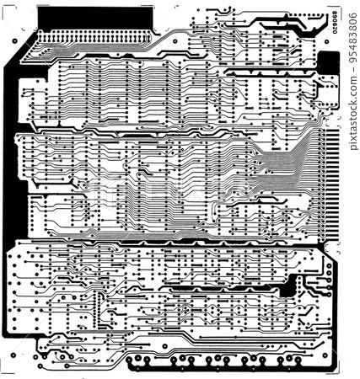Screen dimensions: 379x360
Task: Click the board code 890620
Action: pyautogui.click(x=336, y=24)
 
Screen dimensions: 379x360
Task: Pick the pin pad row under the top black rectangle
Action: pyautogui.click(x=93, y=39)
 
